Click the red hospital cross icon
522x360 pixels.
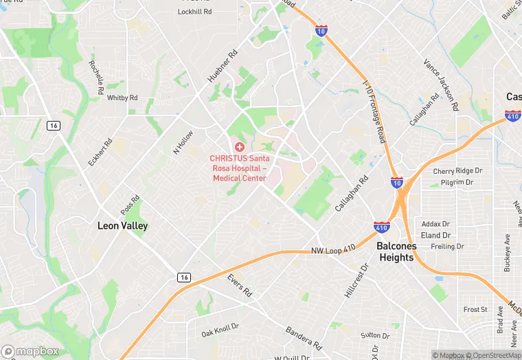tap(239, 147)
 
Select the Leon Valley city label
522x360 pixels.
tap(122, 225)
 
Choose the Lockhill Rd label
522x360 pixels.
tap(194, 12)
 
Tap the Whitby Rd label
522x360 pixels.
tap(122, 98)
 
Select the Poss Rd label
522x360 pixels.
tap(130, 204)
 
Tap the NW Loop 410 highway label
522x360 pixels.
tap(333, 249)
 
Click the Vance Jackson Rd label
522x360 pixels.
tap(440, 85)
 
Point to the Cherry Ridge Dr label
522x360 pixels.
tap(457, 171)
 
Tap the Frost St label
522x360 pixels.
tap(475, 310)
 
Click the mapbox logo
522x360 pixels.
tap(30, 351)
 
